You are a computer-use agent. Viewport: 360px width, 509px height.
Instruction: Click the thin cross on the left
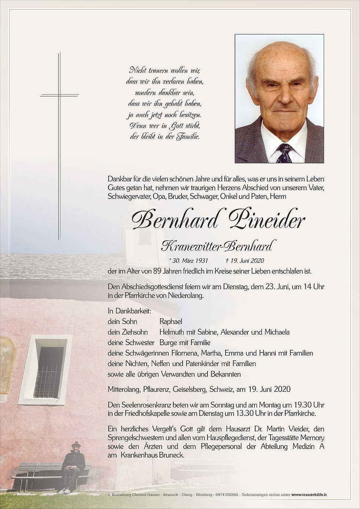(x=59, y=147)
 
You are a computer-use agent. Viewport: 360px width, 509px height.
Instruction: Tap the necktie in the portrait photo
(x=285, y=153)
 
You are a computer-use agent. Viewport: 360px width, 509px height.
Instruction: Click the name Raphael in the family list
(x=171, y=322)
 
